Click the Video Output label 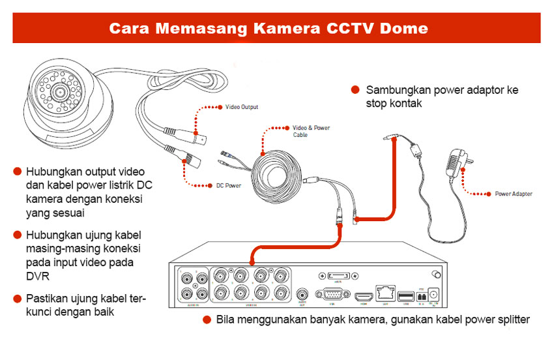[241, 106]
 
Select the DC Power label [229, 186]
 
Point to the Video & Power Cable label [311, 131]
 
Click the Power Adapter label [513, 194]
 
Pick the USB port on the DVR [405, 296]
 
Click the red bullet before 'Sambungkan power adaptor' [355, 90]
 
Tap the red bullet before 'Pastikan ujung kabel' [18, 299]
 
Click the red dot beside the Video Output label [220, 106]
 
